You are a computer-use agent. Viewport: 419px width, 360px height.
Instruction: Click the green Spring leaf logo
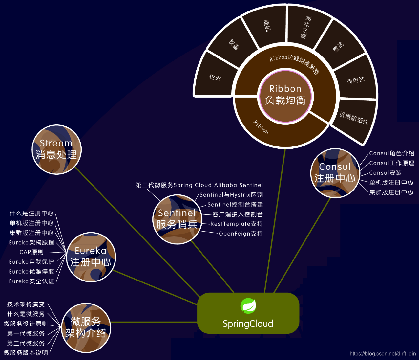(x=248, y=306)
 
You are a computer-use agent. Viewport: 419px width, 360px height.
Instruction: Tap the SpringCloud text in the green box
(x=248, y=324)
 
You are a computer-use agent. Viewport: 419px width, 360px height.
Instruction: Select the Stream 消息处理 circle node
(x=56, y=149)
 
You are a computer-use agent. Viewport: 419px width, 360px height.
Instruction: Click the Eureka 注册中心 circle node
(x=91, y=257)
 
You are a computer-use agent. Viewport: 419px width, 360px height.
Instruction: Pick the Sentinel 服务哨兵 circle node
(x=177, y=219)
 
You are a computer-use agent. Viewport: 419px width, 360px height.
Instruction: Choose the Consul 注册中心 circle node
(x=335, y=173)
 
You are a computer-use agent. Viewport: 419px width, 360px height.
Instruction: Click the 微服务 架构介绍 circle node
(x=86, y=327)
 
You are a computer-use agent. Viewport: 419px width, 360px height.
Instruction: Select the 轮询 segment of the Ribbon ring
(x=215, y=78)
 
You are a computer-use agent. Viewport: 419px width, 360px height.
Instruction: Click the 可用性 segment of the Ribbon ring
(x=356, y=80)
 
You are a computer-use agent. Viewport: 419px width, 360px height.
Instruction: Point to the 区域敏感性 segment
(x=354, y=118)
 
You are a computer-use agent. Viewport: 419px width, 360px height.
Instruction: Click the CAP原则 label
(x=31, y=252)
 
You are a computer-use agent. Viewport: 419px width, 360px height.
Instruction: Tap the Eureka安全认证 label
(x=31, y=281)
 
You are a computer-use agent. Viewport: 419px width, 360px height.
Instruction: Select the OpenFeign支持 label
(x=241, y=234)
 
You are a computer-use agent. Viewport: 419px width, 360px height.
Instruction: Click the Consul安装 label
(x=385, y=173)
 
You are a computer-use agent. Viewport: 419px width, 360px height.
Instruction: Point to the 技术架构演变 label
(x=26, y=304)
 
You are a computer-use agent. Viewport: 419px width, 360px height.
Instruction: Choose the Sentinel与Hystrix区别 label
(x=231, y=195)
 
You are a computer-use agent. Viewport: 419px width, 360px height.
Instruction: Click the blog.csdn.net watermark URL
(x=383, y=354)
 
